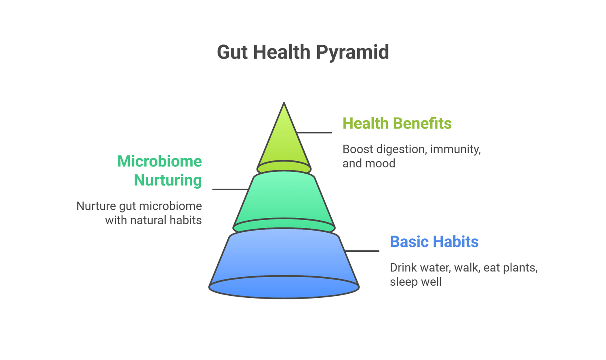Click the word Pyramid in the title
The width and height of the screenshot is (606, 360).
tap(352, 53)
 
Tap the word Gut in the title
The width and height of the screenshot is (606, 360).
tap(232, 52)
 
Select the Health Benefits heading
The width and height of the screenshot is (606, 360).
tap(397, 123)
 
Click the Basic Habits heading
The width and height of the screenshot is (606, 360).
tap(434, 242)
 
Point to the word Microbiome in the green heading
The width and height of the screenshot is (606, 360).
tap(159, 161)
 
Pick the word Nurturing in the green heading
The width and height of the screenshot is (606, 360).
tap(168, 181)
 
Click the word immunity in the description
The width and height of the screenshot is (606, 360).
tap(455, 149)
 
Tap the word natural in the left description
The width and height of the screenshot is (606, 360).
tap(148, 220)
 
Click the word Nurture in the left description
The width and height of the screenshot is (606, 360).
tap(96, 206)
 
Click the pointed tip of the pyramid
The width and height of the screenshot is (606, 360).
tap(284, 103)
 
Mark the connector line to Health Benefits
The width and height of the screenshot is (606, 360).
tap(314, 133)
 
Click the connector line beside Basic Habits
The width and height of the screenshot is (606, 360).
tap(362, 251)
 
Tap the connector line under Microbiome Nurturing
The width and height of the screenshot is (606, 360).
tap(231, 189)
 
